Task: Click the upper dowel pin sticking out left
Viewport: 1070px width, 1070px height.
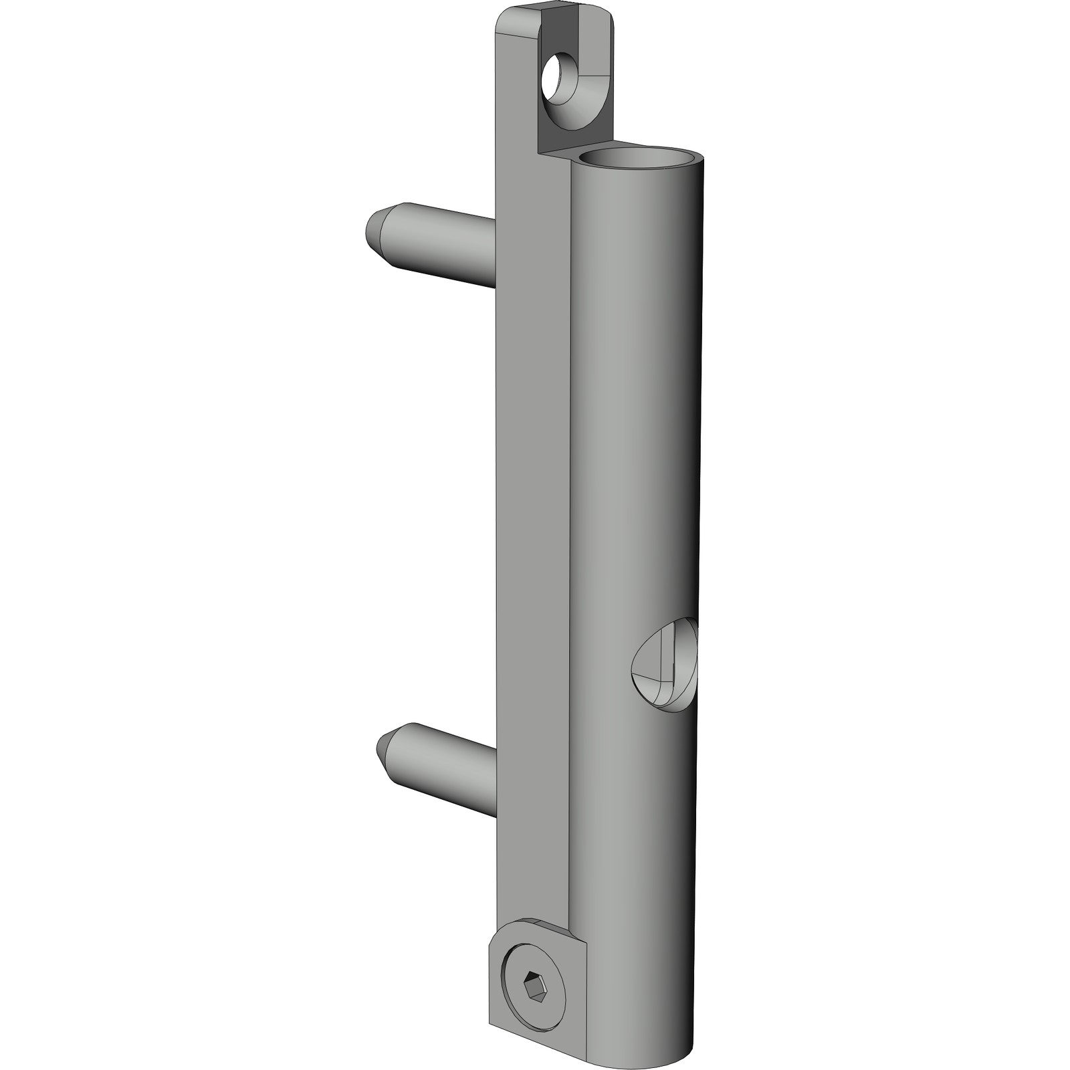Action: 435,244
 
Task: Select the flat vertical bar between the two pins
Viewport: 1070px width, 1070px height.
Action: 532,502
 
